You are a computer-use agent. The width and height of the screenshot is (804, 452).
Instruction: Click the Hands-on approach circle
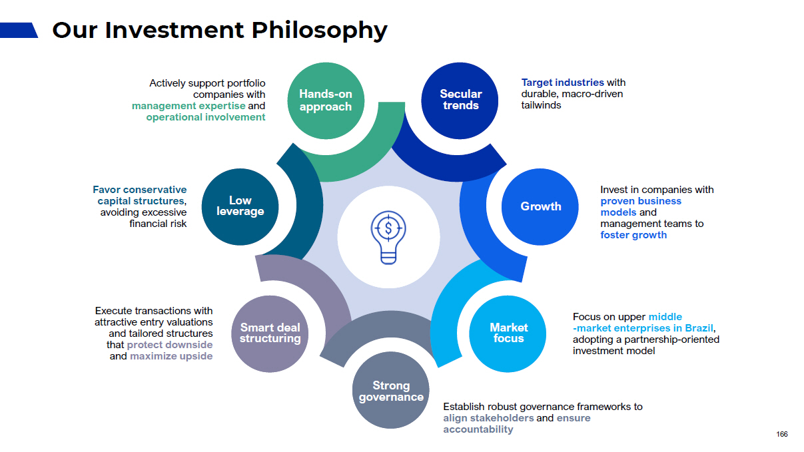point(326,101)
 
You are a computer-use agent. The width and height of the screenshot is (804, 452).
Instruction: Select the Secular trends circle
point(460,101)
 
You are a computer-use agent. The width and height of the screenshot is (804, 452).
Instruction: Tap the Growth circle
point(540,206)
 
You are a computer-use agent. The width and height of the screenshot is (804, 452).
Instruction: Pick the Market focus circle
point(508,333)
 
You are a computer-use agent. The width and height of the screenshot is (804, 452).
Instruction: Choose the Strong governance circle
point(390,391)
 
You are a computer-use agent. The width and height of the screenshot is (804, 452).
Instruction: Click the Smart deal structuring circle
point(270,333)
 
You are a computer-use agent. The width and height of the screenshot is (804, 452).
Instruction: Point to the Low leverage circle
point(240,206)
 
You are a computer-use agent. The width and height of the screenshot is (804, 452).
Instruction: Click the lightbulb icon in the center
point(388,237)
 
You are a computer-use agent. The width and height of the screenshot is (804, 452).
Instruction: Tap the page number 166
point(782,435)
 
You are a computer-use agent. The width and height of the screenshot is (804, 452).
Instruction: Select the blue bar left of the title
point(19,30)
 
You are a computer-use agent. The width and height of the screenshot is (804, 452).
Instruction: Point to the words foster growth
point(633,235)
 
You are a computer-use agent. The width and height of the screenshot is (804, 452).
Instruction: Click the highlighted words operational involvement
point(206,117)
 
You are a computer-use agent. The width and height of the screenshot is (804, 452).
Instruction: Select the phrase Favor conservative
point(140,190)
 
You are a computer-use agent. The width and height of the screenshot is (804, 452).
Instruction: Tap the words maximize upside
point(171,356)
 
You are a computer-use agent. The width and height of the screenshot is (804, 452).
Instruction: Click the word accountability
point(478,429)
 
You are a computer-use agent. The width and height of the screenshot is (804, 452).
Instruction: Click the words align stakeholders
point(488,418)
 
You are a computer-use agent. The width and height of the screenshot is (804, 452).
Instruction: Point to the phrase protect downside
point(170,345)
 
